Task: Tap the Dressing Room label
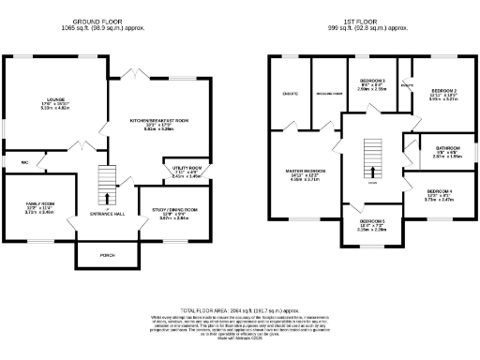[327, 94]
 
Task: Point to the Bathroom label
[447, 148]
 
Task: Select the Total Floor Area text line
[239, 308]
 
